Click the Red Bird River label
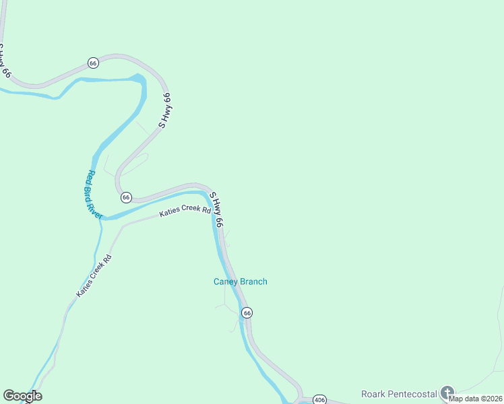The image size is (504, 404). [94, 195]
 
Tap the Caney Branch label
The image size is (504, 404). [241, 281]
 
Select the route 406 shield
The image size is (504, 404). [320, 400]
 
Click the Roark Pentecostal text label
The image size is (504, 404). [400, 393]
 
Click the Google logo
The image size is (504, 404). [22, 396]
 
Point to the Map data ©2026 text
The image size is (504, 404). [476, 399]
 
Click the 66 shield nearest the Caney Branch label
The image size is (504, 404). [247, 313]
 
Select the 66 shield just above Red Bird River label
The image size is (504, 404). [126, 197]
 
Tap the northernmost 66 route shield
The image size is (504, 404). [93, 63]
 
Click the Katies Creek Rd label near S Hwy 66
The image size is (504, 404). [185, 211]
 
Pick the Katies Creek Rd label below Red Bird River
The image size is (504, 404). [94, 276]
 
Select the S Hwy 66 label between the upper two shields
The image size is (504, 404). [165, 110]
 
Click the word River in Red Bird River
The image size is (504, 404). [97, 207]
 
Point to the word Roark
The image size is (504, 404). [373, 393]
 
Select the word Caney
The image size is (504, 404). [225, 281]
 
